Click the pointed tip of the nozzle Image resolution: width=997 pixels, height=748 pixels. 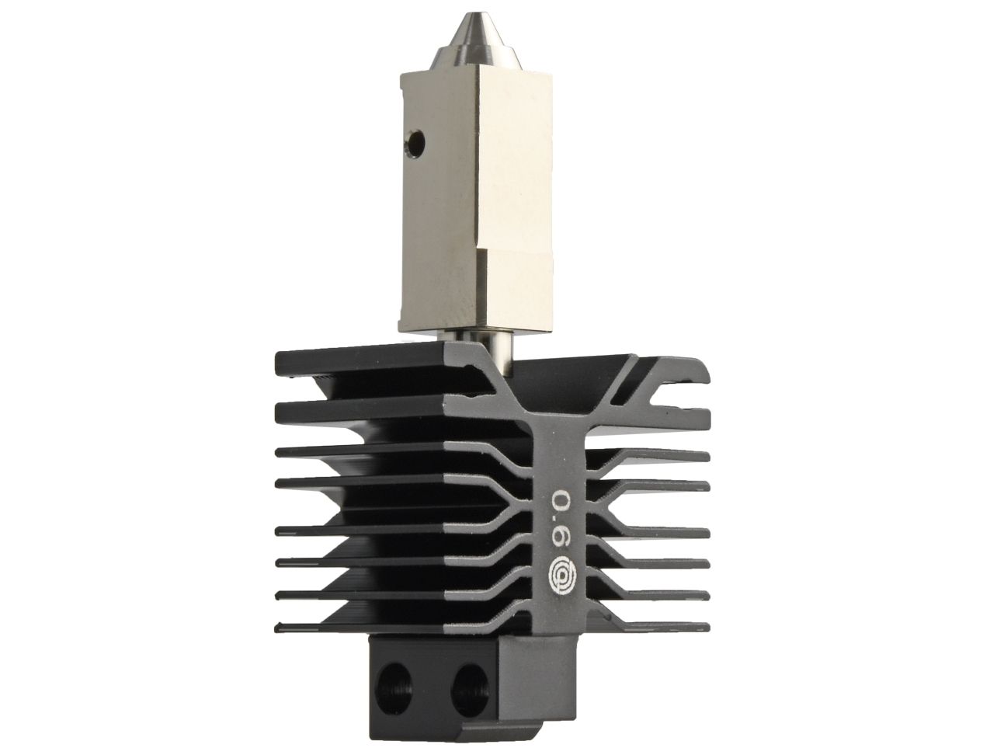coord(469,15)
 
